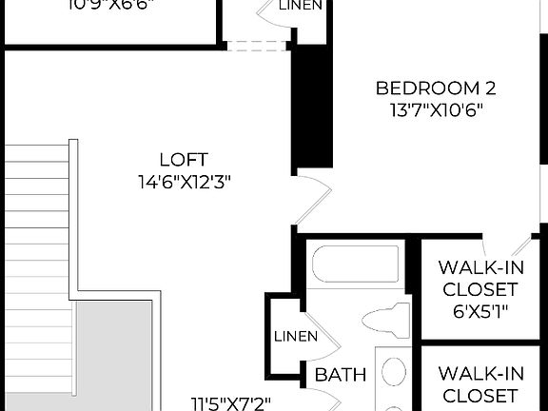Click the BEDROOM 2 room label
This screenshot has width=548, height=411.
436,88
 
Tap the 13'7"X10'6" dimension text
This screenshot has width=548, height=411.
436,110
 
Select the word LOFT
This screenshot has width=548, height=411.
184,160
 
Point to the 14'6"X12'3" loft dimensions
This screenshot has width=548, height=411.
184,182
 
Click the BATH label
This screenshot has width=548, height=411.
341,375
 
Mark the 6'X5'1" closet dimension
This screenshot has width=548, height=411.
477,311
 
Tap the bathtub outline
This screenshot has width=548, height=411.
357,262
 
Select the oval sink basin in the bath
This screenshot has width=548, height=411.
394,372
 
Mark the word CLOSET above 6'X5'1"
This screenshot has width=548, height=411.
478,289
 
